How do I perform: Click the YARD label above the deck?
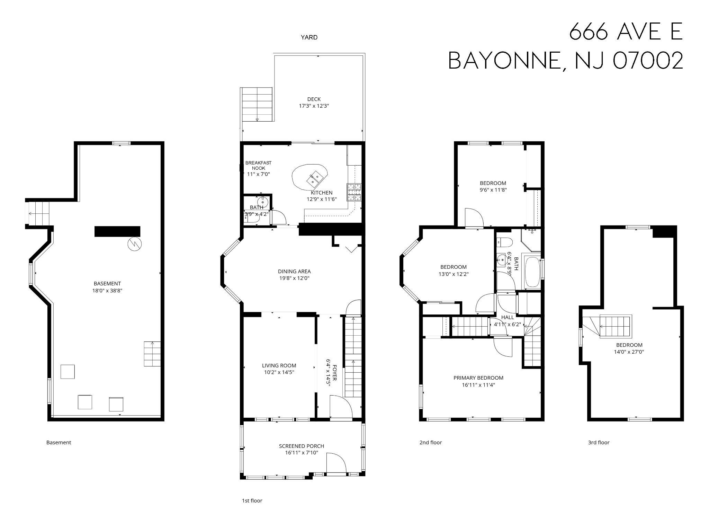[309, 37]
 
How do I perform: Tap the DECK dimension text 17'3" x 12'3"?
[314, 106]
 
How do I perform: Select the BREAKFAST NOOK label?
[258, 166]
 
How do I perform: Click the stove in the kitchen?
[354, 193]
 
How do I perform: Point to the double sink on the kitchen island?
[315, 178]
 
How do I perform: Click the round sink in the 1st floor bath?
[263, 202]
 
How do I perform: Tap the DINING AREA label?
[294, 272]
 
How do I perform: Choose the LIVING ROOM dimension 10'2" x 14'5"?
[279, 372]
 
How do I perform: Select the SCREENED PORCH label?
[302, 446]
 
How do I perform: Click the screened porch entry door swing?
[335, 462]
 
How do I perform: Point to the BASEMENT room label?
[107, 284]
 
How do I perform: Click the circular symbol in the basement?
[135, 244]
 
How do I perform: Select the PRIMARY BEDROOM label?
[478, 378]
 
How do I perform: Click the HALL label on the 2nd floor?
[508, 317]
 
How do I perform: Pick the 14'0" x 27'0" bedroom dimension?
[629, 352]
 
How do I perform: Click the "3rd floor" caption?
[599, 442]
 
